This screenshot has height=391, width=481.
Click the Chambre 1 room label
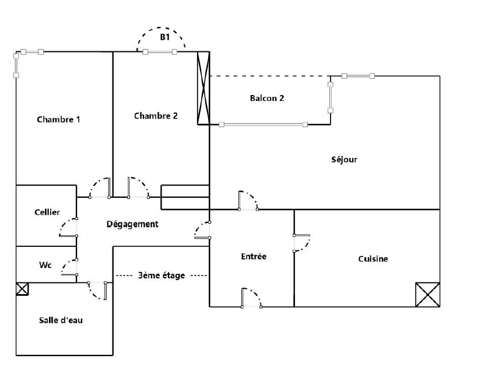pyautogui.click(x=58, y=119)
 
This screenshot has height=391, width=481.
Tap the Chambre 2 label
pyautogui.click(x=156, y=116)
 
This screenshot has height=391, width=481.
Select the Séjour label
pyautogui.click(x=344, y=159)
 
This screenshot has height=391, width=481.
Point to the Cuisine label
pyautogui.click(x=373, y=259)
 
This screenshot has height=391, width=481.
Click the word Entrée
pyautogui.click(x=254, y=256)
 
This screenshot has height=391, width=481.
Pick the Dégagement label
pyautogui.click(x=132, y=224)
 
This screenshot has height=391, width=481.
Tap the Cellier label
pyautogui.click(x=47, y=212)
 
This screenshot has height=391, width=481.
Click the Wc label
pyautogui.click(x=45, y=265)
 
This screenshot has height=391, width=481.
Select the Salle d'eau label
pyautogui.click(x=61, y=320)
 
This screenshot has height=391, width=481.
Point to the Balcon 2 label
pyautogui.click(x=267, y=98)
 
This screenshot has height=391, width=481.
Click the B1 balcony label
pyautogui.click(x=165, y=37)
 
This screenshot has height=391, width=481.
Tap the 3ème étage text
pyautogui.click(x=161, y=275)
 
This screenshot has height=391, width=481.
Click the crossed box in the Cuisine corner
pyautogui.click(x=427, y=295)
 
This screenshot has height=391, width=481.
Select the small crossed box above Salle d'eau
pyautogui.click(x=22, y=289)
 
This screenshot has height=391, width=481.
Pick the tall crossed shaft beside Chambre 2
pyautogui.click(x=203, y=88)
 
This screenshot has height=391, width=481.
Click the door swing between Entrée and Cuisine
pyautogui.click(x=302, y=243)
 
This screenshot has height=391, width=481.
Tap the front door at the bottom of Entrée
pyautogui.click(x=251, y=298)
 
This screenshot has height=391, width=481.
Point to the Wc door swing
pyautogui.click(x=69, y=267)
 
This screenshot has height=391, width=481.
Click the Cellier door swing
pyautogui.click(x=68, y=227)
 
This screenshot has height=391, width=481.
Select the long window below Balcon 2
pyautogui.click(x=263, y=124)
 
